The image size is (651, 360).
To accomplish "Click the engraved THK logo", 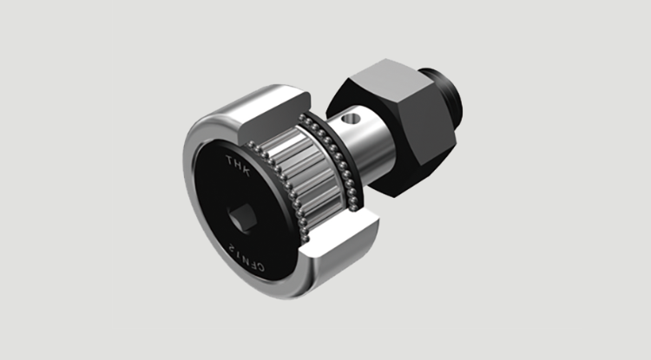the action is (x=238, y=165).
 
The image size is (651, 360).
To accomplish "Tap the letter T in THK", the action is (x=230, y=160).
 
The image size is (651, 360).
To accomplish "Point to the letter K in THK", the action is (x=246, y=170).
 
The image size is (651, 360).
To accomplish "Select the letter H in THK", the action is (x=238, y=165).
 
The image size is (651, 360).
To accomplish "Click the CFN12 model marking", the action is (x=247, y=257).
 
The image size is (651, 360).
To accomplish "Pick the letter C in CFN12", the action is (x=260, y=266).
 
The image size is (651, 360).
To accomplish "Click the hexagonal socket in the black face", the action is (x=242, y=219).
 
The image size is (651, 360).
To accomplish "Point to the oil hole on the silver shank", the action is (x=351, y=119).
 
